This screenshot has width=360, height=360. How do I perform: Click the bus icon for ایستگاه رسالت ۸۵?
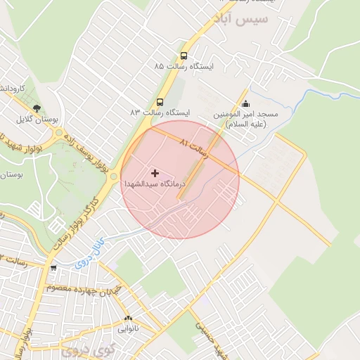pyautogui.click(x=184, y=56)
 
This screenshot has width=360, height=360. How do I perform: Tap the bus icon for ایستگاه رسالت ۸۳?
pyautogui.click(x=160, y=102)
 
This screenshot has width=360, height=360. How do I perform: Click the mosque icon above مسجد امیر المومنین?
pyautogui.click(x=245, y=104)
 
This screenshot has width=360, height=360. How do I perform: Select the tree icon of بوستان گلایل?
pyautogui.click(x=37, y=109)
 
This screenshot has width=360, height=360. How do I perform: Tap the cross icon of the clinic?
pyautogui.click(x=155, y=172)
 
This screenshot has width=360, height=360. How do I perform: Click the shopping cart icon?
pyautogui.click(x=53, y=268)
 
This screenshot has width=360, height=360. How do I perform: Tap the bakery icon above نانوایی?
pyautogui.click(x=127, y=318)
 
